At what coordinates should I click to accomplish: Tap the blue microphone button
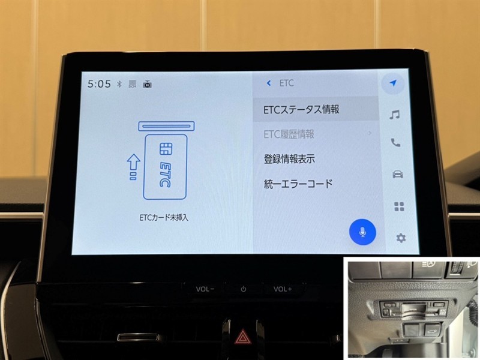[x=362, y=232]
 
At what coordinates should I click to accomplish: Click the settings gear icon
[x=401, y=238]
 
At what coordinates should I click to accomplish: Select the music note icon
[x=395, y=115]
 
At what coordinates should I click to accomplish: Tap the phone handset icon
[x=395, y=143]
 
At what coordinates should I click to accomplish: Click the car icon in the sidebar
[x=397, y=175]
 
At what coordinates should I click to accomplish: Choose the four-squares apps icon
[x=399, y=206]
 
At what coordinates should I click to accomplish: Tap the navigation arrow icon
[x=393, y=83]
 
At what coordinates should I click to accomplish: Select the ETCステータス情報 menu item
[x=302, y=110]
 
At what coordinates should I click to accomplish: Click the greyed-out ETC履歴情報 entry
[x=289, y=134]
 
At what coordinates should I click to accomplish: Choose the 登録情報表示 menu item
[x=289, y=159]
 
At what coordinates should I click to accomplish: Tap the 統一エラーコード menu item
[x=298, y=184]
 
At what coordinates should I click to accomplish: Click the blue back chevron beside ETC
[x=269, y=83]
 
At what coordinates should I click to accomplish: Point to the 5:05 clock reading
[x=99, y=84]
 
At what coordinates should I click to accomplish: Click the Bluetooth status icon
[x=119, y=84]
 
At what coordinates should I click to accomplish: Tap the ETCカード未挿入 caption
[x=163, y=218]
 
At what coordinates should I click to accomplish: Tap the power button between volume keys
[x=244, y=289]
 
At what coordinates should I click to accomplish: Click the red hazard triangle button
[x=242, y=337]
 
